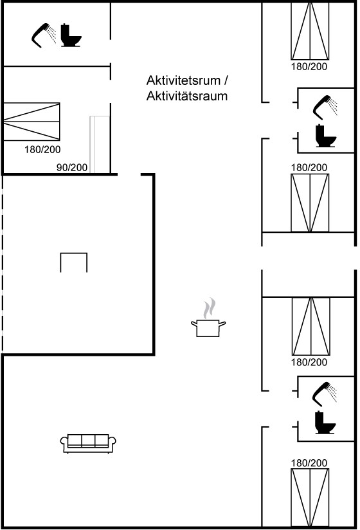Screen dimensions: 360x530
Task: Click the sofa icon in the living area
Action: (x=88, y=443)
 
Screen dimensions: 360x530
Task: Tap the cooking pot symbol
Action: (x=208, y=328)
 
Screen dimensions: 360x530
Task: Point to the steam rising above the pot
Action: (x=210, y=307)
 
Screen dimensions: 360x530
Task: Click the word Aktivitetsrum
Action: (x=183, y=80)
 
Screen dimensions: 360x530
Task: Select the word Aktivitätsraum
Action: (x=187, y=96)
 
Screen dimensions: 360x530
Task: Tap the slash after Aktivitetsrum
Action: (x=226, y=80)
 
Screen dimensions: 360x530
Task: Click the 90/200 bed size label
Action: (x=71, y=167)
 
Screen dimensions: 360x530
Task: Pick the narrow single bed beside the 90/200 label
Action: (x=100, y=144)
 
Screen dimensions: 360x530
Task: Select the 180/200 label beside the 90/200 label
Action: (x=42, y=149)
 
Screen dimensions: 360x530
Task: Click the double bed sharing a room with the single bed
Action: (x=32, y=122)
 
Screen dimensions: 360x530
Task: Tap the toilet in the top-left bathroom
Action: (x=71, y=35)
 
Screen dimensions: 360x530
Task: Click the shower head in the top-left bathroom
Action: (x=44, y=35)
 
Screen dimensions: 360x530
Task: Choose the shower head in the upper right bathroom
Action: (x=325, y=107)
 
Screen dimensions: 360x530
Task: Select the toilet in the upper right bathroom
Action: (x=326, y=136)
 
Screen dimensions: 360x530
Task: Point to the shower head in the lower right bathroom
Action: (x=325, y=394)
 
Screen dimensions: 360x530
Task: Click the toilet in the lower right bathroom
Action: (x=325, y=422)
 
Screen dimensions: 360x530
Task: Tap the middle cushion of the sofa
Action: (x=88, y=441)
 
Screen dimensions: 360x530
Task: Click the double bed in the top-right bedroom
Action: (x=310, y=31)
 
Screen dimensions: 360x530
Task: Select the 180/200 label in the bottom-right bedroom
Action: (x=309, y=462)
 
